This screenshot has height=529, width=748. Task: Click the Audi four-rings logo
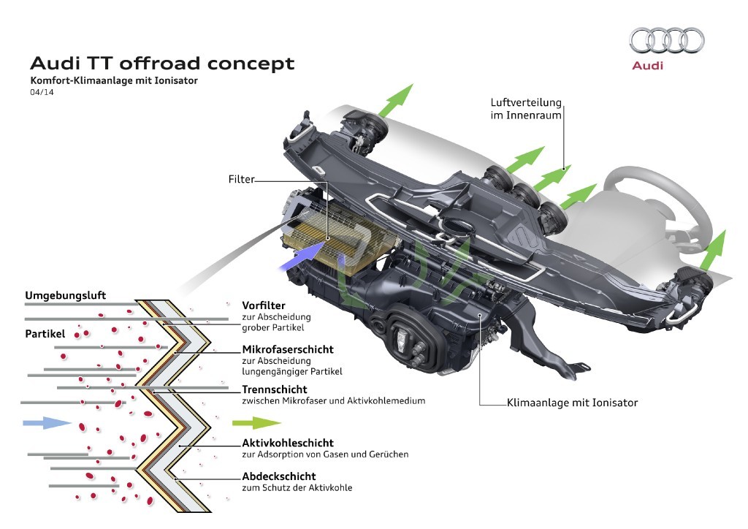(667, 40)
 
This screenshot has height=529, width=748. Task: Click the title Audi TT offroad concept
(162, 64)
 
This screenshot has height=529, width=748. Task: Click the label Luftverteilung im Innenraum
(526, 109)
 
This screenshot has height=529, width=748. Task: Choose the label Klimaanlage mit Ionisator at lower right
(572, 403)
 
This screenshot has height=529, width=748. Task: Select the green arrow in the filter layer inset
(256, 422)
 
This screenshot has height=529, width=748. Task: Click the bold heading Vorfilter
(264, 305)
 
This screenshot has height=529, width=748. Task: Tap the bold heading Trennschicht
(274, 389)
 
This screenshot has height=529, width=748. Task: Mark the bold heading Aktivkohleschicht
(287, 442)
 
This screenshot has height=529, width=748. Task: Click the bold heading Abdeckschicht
(278, 476)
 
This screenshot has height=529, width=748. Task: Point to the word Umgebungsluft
(66, 295)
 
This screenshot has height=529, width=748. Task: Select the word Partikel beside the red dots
(45, 334)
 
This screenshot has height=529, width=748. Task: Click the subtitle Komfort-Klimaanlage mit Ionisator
(113, 80)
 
